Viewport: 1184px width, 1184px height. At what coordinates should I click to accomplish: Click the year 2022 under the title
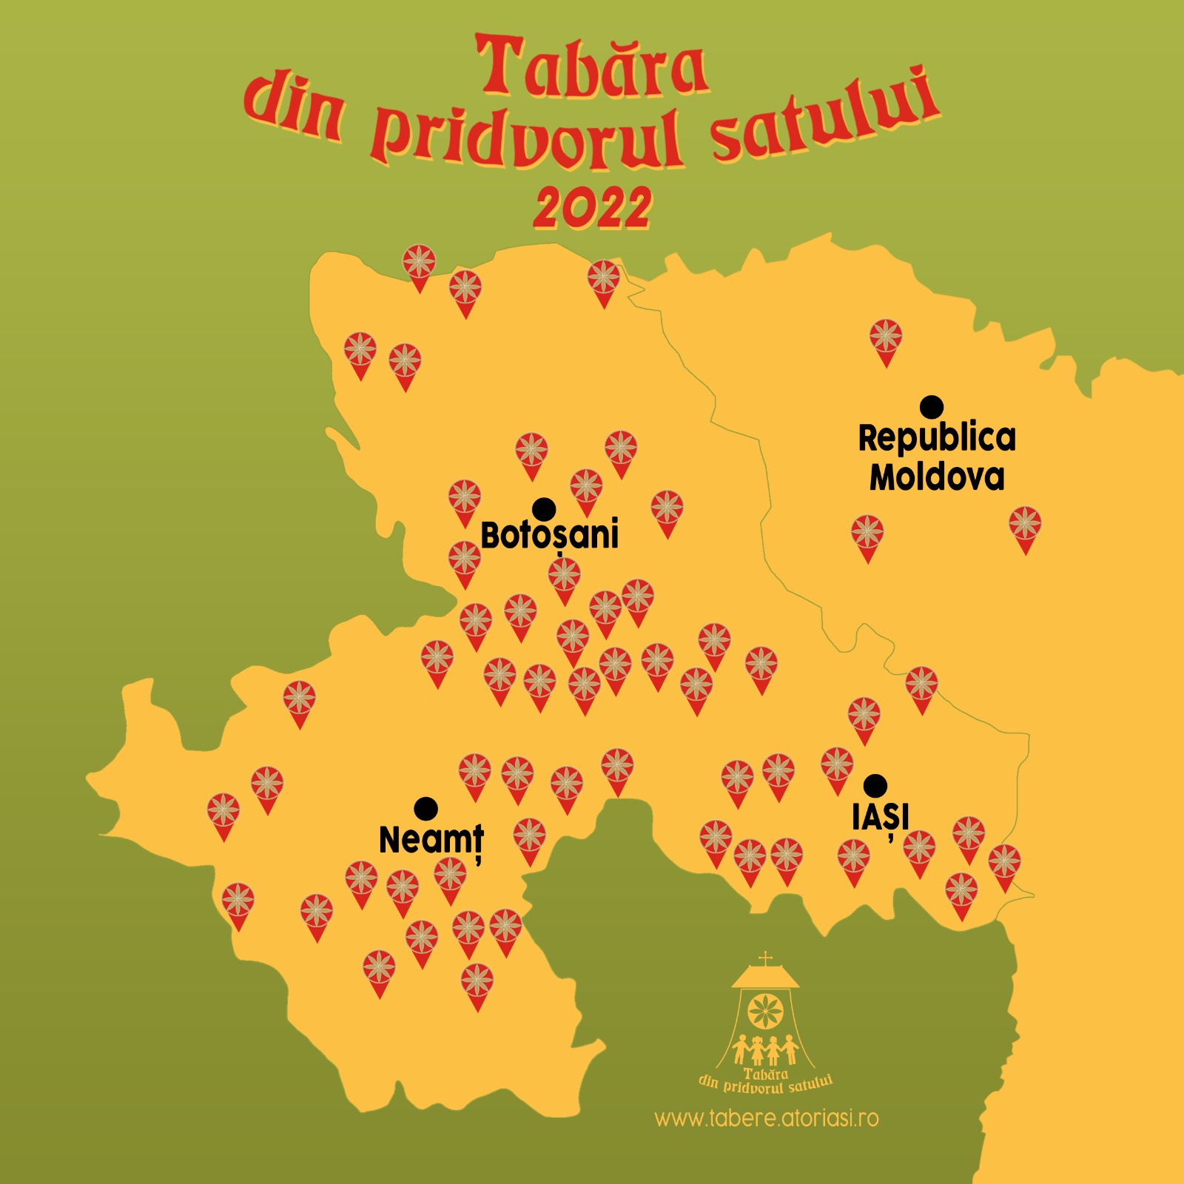[592, 208]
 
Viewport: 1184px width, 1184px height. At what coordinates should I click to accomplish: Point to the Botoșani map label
[549, 535]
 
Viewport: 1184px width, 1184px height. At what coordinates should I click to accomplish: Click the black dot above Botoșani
[544, 509]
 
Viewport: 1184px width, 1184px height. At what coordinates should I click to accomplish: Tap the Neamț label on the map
[431, 841]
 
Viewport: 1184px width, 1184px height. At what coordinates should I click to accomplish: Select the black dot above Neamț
[425, 809]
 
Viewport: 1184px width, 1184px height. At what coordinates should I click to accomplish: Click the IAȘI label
[881, 818]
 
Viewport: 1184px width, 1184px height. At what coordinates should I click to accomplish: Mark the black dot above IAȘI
[875, 785]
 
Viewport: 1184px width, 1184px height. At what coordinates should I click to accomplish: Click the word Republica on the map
[937, 437]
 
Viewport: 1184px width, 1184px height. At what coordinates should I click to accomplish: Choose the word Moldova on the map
[937, 477]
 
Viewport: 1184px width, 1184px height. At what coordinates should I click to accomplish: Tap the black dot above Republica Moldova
[932, 406]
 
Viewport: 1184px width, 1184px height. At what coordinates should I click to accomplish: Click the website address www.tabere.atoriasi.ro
[767, 1117]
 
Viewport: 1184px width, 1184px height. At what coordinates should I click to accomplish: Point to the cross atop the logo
[766, 960]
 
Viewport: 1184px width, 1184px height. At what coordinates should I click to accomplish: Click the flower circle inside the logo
[764, 1012]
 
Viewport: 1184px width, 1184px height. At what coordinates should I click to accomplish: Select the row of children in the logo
[764, 1049]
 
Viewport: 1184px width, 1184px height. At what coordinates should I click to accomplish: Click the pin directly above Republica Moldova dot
[886, 340]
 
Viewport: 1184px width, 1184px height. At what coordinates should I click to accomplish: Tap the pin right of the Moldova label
[1025, 527]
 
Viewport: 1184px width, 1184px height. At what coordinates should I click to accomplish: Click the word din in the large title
[294, 111]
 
